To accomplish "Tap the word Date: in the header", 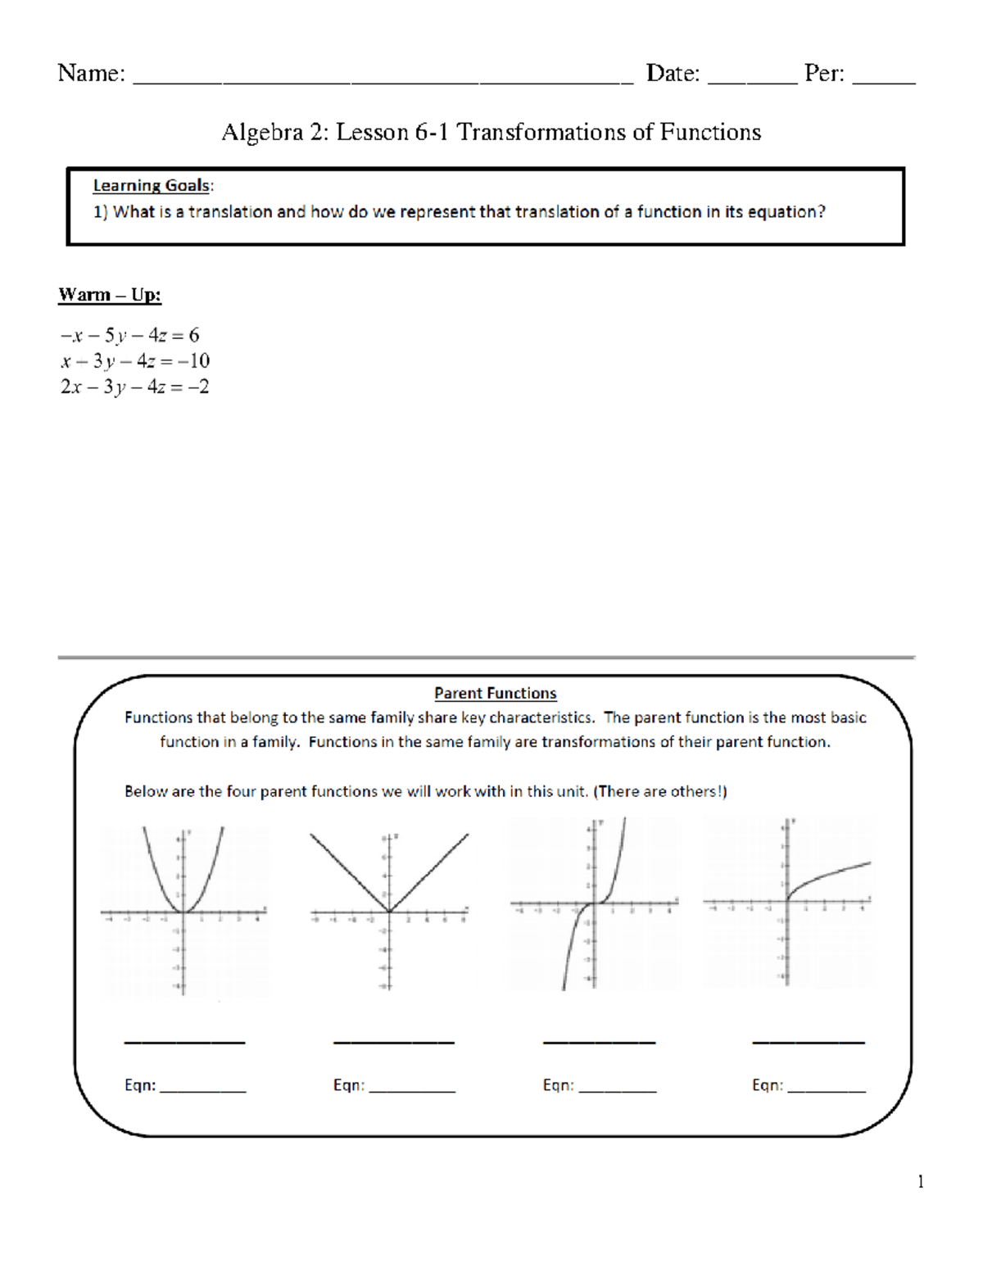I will tap(673, 74).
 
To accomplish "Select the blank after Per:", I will tap(884, 79).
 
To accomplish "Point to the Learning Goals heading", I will tap(152, 186).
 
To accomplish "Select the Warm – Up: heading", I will tap(110, 295).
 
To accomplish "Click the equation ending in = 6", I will tap(129, 335).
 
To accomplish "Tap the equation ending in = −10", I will tap(134, 361).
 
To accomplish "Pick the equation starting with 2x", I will tap(134, 387).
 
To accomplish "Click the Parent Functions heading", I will tap(495, 693).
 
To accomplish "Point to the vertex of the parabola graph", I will tap(183, 912).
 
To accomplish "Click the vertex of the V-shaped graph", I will tap(389, 912).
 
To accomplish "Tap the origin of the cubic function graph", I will tap(593, 903).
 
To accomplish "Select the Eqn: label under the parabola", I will tap(140, 1085).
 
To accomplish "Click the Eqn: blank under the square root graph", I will tap(826, 1088).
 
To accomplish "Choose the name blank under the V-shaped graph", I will tap(393, 1040).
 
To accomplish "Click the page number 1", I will tap(921, 1181).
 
